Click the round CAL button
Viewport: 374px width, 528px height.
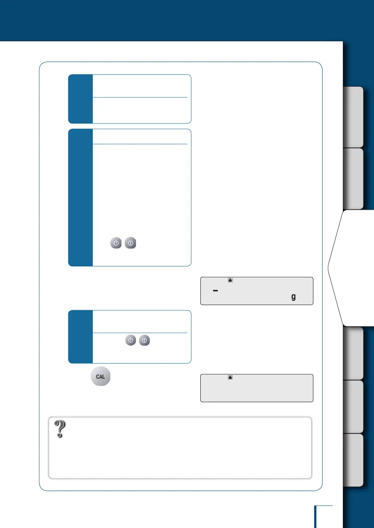point(100,376)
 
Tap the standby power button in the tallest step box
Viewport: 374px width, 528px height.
point(116,243)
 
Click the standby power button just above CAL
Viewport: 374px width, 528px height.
point(130,340)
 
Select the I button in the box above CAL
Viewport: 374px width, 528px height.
point(144,340)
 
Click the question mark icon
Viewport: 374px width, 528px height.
point(60,429)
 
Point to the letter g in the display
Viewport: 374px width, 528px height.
point(294,297)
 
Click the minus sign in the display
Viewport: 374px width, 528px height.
point(215,291)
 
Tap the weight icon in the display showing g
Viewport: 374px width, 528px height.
point(230,280)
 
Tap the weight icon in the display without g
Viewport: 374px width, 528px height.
point(230,377)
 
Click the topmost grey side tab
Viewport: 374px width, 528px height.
point(353,117)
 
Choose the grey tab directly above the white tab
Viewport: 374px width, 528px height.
point(353,178)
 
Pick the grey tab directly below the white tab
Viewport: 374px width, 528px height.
point(353,353)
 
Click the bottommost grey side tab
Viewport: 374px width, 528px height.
point(353,460)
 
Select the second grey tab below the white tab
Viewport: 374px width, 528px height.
point(353,407)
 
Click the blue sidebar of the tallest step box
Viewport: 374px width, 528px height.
point(80,198)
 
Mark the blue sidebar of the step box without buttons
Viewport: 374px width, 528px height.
point(80,99)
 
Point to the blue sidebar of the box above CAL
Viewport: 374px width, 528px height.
point(80,337)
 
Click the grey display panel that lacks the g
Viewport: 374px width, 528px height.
point(257,390)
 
